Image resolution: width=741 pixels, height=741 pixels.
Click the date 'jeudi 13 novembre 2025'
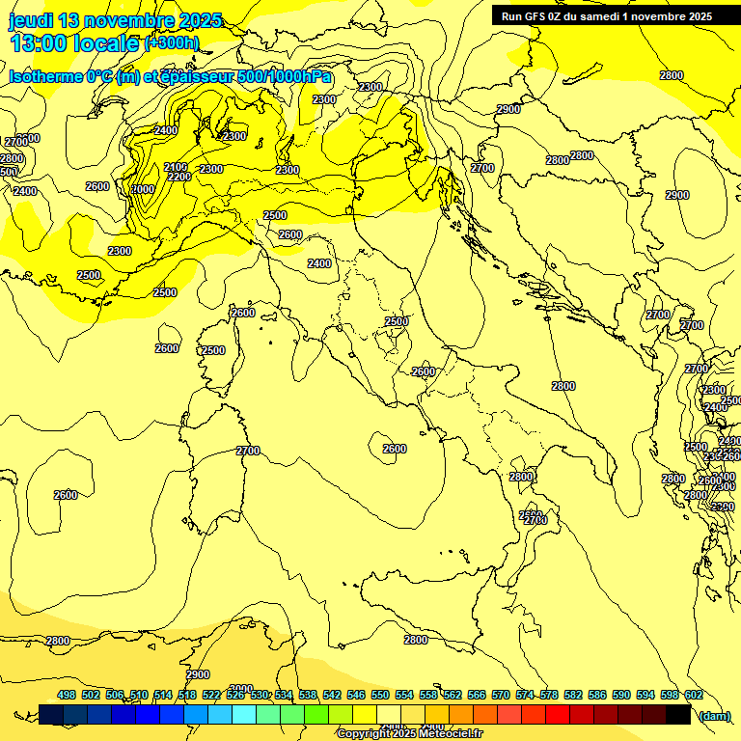point(115,20)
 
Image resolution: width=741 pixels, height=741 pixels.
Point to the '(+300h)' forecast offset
point(172,43)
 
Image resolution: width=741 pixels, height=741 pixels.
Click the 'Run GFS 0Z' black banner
point(607,16)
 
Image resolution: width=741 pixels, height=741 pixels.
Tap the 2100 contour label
point(176,167)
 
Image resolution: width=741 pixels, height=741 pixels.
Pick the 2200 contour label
point(178,178)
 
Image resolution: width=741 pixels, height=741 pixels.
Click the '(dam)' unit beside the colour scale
point(713,716)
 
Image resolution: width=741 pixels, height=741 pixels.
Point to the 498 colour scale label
point(67,695)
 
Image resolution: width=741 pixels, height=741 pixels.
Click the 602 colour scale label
point(693,695)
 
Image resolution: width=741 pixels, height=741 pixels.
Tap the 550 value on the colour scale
point(380,695)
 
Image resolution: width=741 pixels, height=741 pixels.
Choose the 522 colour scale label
point(211,695)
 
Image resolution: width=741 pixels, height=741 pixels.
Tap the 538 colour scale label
point(308,695)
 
